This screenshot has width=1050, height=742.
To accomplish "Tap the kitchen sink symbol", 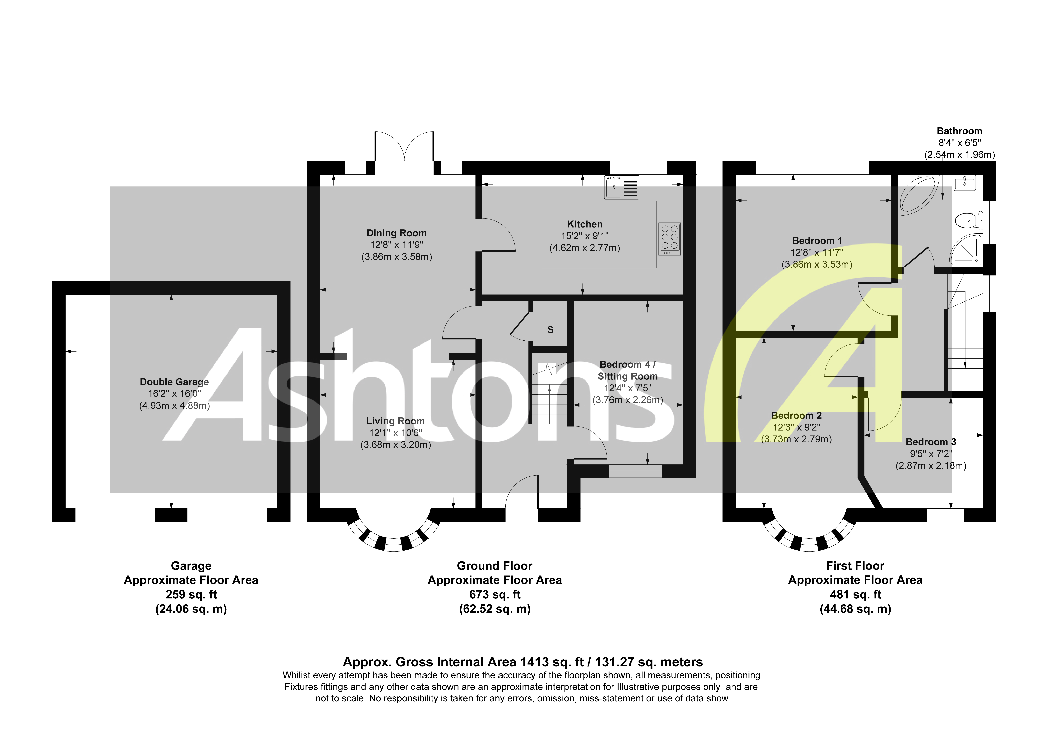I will (x=621, y=187).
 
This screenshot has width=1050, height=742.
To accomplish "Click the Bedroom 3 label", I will (x=931, y=442).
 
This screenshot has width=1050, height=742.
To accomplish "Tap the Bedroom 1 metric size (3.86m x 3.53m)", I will (x=817, y=264).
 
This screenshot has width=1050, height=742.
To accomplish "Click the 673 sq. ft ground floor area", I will (x=495, y=595).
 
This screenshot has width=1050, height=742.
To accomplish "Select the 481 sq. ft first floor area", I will (x=855, y=595).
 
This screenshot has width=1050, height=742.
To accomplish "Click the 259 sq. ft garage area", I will (x=191, y=595).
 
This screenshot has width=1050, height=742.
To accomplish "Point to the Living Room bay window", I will (x=393, y=540).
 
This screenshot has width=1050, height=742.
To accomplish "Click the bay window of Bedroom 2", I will (x=808, y=540).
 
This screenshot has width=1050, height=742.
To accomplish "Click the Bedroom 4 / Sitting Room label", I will (x=627, y=370).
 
